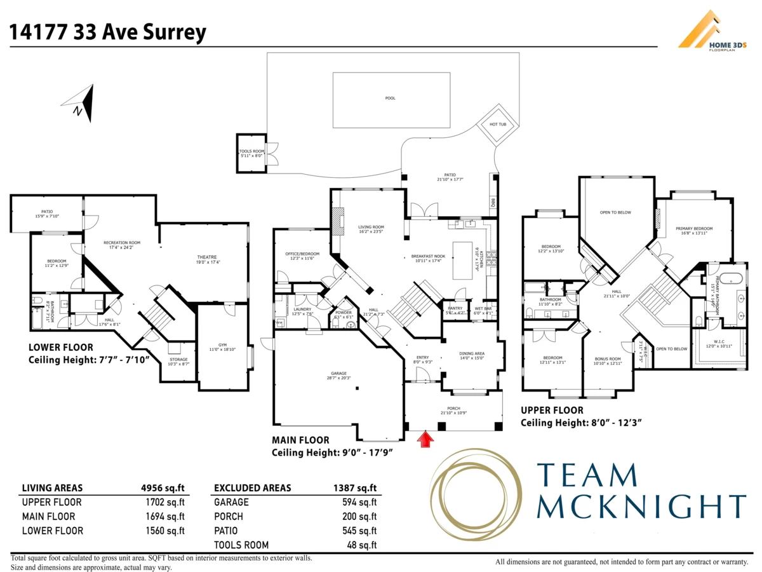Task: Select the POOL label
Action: (x=390, y=99)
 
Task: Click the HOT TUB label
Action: (x=497, y=125)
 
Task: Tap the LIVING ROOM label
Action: (x=371, y=227)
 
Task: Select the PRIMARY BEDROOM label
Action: (x=694, y=229)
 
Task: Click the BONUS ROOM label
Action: (x=608, y=359)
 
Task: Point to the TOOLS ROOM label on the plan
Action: (x=251, y=151)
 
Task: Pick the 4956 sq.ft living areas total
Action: (x=163, y=488)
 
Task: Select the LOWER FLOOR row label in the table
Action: (x=53, y=531)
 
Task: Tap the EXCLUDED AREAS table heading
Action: (x=253, y=488)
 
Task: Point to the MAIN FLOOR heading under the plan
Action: (x=300, y=440)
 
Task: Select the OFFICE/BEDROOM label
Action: (x=302, y=254)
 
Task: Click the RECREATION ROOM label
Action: (x=122, y=243)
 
